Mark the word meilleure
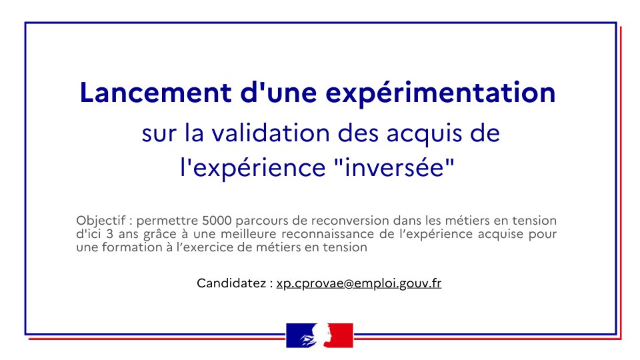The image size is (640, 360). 255,234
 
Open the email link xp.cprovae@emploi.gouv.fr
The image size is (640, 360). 359,283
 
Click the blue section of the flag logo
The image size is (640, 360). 296,335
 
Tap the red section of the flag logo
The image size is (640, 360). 342,335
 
